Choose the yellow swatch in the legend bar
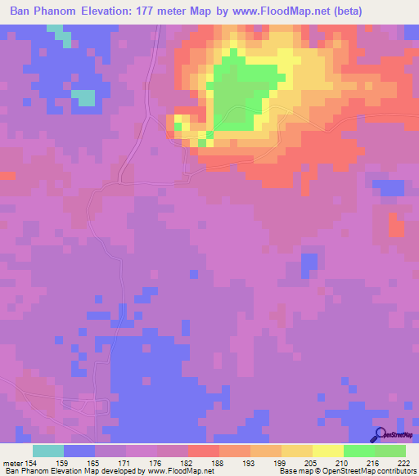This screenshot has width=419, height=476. (327, 451)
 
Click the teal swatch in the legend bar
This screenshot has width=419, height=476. (47, 451)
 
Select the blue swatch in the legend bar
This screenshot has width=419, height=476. (79, 451)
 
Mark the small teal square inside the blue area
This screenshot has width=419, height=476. (83, 97)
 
